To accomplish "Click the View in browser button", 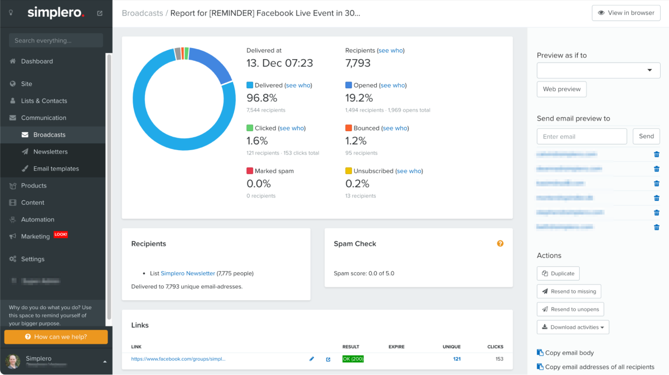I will pos(626,13).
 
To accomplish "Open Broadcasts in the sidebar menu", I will pos(49,134).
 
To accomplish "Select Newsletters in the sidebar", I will pos(50,152).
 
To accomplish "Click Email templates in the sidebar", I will pos(56,169).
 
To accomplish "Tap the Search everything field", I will pos(56,41).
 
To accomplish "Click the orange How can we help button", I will pos(56,337).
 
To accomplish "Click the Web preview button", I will pos(561,89).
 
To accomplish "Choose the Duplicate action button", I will pos(558,273).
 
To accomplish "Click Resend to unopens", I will pos(570,309).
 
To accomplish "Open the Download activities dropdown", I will pos(573,327).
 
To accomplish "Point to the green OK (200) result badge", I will pos(353,359).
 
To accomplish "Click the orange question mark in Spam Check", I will pos(500,243).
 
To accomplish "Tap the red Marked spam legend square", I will pos(250,171).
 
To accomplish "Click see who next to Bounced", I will pos(395,128).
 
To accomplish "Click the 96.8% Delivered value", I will pos(261,98).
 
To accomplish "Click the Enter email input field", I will pos(581,136).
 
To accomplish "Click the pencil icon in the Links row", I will pos(312,359).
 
